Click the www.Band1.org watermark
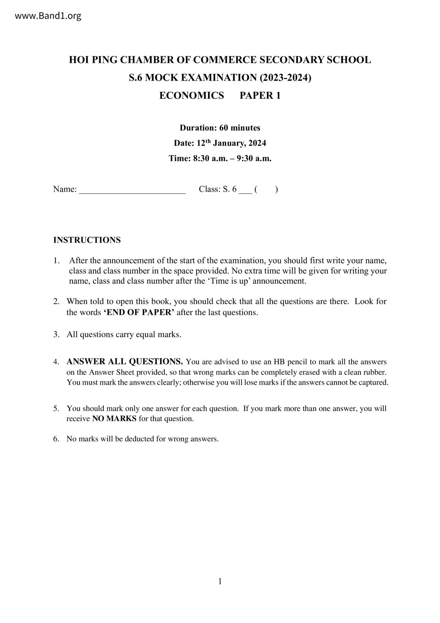tap(48, 16)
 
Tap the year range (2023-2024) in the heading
tap(285, 77)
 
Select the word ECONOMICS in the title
tap(192, 96)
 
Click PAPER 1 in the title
tap(260, 96)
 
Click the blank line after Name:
tap(132, 189)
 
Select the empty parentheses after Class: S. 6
tap(266, 189)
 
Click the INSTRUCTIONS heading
tap(87, 240)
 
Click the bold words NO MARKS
tap(114, 419)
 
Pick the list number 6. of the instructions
tap(56, 439)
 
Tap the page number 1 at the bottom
tap(220, 581)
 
